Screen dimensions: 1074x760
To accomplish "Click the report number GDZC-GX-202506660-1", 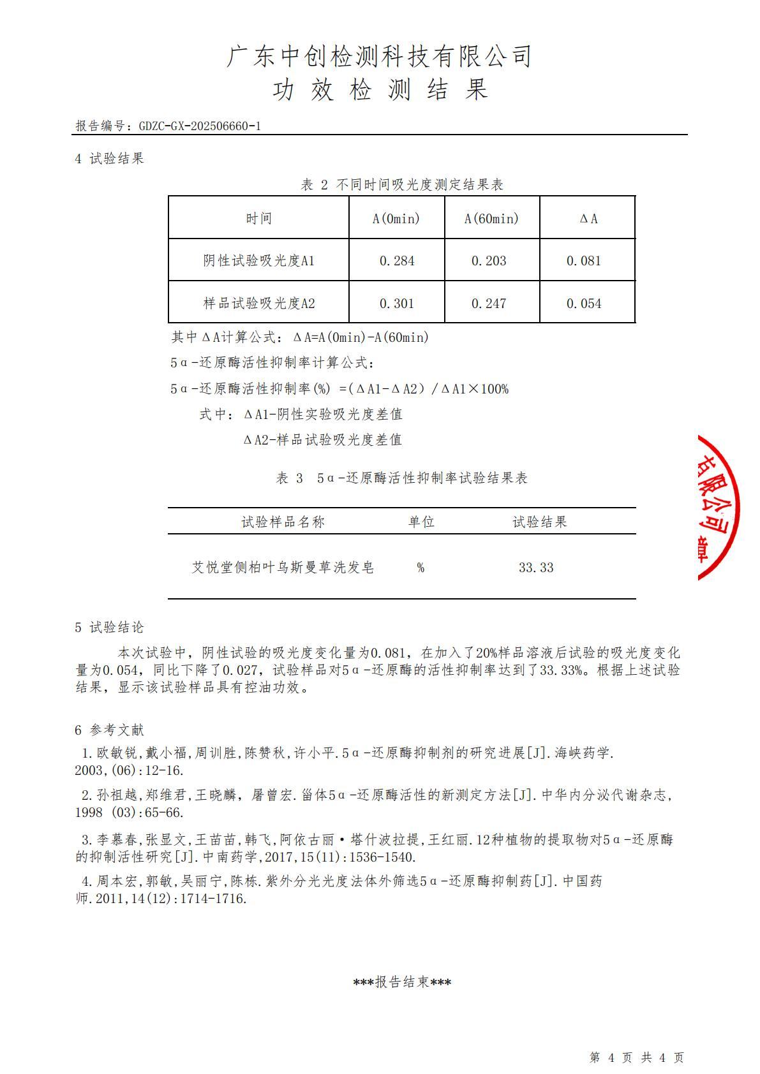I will tap(200, 126).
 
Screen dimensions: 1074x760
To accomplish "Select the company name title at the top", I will tap(379, 57).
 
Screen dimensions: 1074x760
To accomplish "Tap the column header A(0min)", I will tap(396, 219).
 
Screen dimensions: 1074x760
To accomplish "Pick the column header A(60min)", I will tap(491, 219).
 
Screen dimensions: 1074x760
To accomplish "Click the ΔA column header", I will tap(588, 219).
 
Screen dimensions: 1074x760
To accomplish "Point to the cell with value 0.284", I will tap(396, 261).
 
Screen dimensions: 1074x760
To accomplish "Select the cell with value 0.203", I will tap(489, 261).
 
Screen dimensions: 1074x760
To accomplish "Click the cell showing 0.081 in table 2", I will tap(584, 261).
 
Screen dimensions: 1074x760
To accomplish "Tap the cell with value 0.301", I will tap(396, 304).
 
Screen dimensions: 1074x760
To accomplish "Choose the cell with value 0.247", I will tap(489, 304).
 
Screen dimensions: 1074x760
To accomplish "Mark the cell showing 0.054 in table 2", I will tap(584, 304).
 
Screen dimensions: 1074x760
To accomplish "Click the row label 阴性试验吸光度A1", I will tap(258, 261).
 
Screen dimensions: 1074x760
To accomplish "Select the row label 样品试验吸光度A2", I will tap(258, 304).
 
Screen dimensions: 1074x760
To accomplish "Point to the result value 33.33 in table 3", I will tap(536, 568).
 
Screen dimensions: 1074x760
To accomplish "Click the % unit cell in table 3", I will tap(421, 568).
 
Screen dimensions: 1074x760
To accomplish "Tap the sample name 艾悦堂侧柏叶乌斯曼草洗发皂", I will tap(283, 568).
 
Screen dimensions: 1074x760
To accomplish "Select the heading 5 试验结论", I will tap(110, 628).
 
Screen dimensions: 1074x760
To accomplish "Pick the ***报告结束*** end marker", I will tap(402, 982).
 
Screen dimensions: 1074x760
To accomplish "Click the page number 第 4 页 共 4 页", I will tap(636, 1057).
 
